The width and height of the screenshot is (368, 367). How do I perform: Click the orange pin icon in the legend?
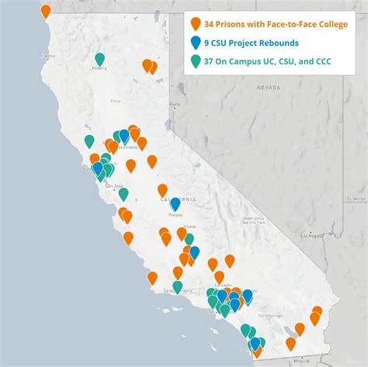click(196, 25)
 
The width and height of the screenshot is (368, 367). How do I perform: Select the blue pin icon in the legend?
click(196, 43)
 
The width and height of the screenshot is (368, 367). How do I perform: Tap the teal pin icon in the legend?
click(196, 61)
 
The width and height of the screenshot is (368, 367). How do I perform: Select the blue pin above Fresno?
click(175, 203)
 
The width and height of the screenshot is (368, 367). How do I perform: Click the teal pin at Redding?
click(99, 58)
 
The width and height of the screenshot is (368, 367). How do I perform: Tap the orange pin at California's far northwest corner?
click(46, 11)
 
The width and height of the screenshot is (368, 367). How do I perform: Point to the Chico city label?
click(116, 100)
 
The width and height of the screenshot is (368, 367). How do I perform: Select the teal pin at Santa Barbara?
click(177, 286)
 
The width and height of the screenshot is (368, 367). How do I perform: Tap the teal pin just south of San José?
click(123, 194)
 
